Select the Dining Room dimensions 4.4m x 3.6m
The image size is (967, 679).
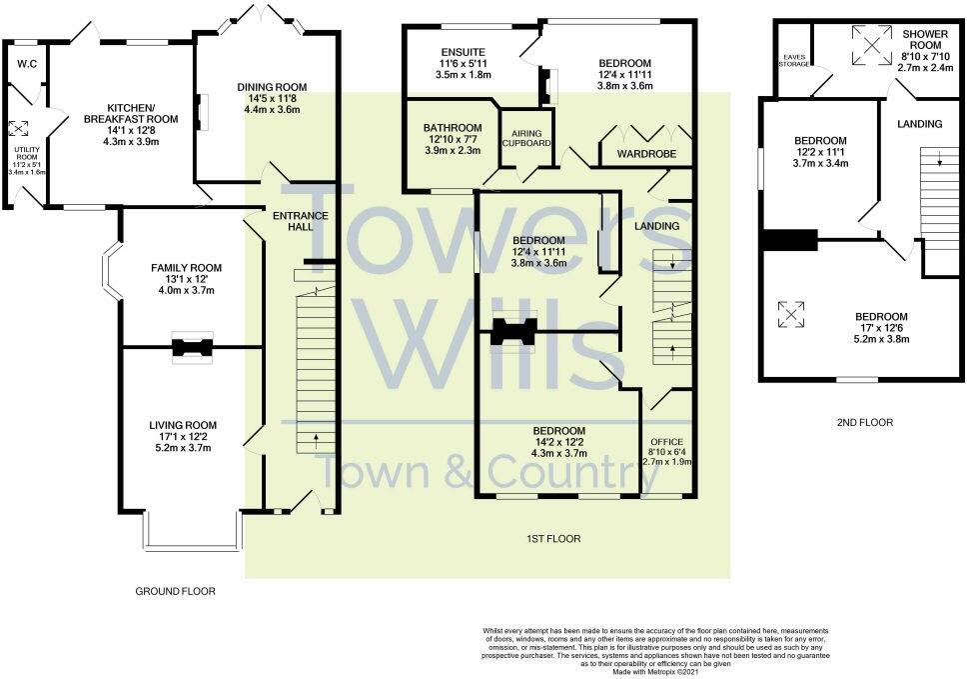[271, 109]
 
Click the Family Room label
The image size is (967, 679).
[186, 267]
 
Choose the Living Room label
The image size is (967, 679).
[182, 425]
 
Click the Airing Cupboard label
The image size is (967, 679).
[525, 138]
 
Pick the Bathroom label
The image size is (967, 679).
[452, 128]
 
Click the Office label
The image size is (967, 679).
[666, 441]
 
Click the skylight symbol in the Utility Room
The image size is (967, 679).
[17, 128]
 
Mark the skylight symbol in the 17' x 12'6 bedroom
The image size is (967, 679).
[791, 314]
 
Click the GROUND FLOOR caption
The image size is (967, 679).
[175, 591]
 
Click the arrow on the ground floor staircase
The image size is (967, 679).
[317, 436]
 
